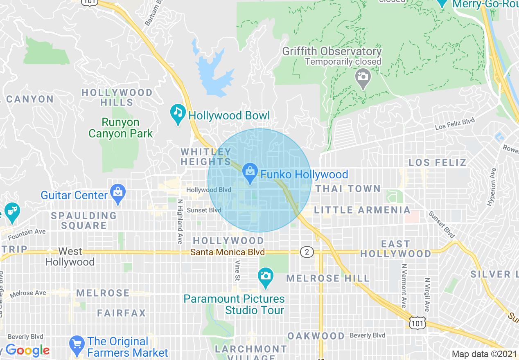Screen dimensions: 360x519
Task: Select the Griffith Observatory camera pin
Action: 363,78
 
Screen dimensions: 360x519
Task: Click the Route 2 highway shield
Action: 307,252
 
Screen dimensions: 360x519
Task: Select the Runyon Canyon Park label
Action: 121,128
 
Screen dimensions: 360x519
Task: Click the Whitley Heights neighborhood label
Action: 206,157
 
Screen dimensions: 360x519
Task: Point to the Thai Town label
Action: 348,189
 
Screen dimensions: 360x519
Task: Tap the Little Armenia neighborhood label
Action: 362,210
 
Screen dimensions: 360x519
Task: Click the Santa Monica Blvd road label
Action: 228,252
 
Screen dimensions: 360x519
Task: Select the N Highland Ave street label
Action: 179,221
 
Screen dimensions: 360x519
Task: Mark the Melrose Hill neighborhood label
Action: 328,278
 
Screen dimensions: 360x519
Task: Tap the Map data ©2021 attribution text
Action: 484,354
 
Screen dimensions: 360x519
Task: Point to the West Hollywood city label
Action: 70,256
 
